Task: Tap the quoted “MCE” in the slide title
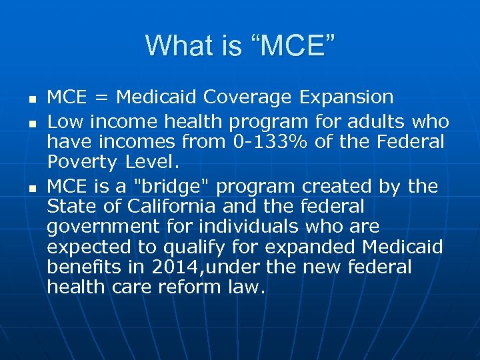[293, 45]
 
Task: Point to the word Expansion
[346, 97]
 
